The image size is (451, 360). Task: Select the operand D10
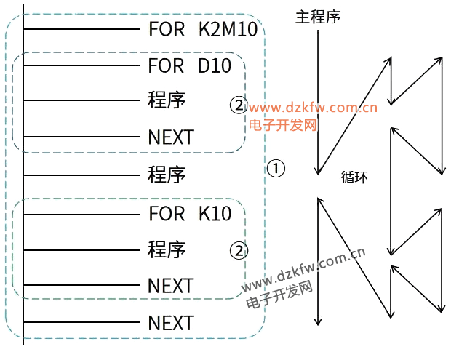(x=214, y=66)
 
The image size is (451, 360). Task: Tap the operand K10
(x=215, y=214)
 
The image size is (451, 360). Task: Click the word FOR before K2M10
(x=167, y=30)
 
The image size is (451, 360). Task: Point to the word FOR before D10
(x=167, y=66)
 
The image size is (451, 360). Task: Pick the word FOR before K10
(x=167, y=214)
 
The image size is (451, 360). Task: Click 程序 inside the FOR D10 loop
(x=167, y=100)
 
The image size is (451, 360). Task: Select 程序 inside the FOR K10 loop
(x=167, y=249)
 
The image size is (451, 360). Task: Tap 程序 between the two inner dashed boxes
(x=167, y=175)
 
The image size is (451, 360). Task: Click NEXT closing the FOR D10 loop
(x=171, y=137)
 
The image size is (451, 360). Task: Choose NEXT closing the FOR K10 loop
(x=171, y=286)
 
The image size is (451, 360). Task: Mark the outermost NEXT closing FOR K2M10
(x=171, y=323)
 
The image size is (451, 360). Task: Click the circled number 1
(x=276, y=169)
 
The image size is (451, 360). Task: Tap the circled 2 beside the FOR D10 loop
(x=239, y=105)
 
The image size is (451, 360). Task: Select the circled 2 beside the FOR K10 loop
(x=239, y=252)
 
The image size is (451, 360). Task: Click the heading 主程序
(x=318, y=17)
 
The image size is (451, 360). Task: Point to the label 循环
(x=354, y=177)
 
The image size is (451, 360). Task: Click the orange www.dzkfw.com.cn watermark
(x=314, y=109)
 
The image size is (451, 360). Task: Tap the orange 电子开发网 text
(x=284, y=125)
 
